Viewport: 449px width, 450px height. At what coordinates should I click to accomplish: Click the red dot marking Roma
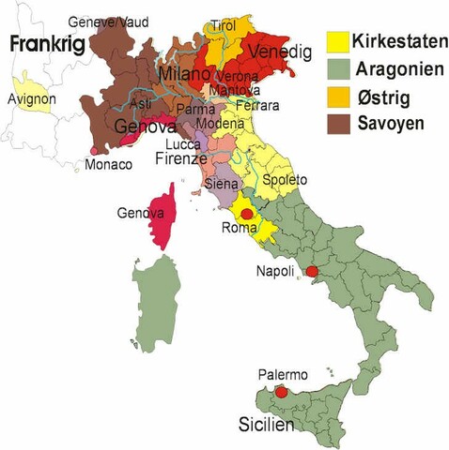coord(246,214)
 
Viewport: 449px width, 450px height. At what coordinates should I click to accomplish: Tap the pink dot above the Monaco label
coord(93,150)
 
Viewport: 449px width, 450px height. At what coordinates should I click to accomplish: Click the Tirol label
coord(224,25)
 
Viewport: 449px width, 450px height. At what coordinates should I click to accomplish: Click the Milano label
coord(186,73)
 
